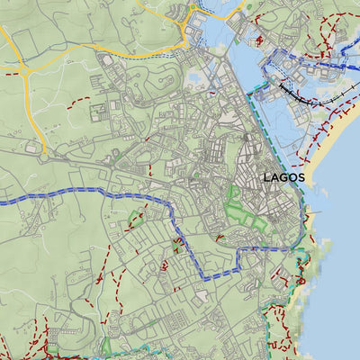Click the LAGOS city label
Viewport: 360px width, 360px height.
point(283,177)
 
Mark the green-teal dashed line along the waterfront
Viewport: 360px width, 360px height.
point(261,126)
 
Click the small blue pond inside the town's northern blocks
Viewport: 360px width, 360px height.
point(193,80)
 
